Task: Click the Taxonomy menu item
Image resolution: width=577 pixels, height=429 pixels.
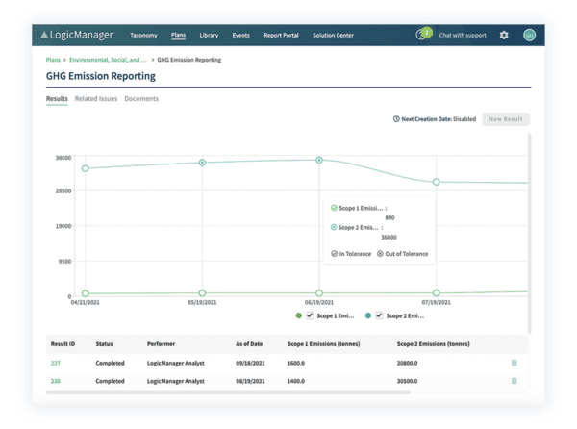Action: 143,36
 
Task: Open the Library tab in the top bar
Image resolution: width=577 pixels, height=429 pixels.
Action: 209,36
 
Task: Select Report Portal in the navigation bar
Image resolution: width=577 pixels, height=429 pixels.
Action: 282,36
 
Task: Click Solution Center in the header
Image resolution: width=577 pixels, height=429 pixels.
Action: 332,36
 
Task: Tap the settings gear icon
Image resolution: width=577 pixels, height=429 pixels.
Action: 505,36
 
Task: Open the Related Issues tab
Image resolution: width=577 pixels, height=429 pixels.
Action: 96,99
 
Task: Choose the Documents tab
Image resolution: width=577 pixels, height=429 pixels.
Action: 141,99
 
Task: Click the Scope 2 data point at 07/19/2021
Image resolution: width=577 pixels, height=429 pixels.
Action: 436,182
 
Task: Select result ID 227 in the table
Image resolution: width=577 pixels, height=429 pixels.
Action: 56,363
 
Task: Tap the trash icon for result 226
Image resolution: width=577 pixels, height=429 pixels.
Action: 514,381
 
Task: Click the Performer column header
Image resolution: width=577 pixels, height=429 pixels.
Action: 162,342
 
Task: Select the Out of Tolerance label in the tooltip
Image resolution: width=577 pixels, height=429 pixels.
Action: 405,254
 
